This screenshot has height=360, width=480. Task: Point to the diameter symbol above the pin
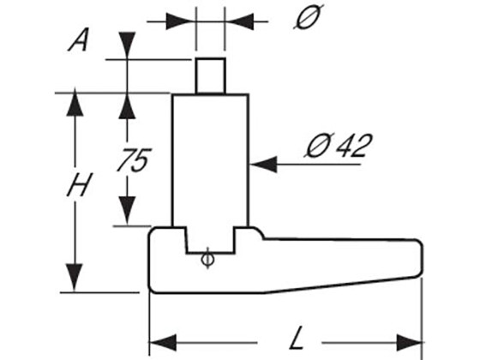(x=307, y=18)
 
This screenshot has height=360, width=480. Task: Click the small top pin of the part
(x=210, y=75)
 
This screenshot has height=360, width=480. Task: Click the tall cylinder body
(x=210, y=159)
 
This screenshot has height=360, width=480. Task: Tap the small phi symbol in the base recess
(x=207, y=258)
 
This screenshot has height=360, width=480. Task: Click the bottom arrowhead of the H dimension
(x=78, y=279)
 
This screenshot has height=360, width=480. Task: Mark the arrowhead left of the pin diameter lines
(x=184, y=18)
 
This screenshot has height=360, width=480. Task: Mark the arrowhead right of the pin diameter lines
(x=238, y=18)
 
